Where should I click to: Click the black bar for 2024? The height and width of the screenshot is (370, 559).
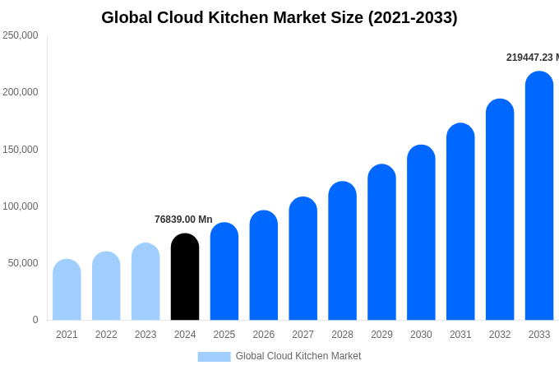[x=185, y=277]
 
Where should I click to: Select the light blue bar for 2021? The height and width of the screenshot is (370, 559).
[x=67, y=289]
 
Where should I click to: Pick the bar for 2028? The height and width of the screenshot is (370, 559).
[x=342, y=251]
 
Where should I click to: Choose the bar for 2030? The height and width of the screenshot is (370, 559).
[x=421, y=233]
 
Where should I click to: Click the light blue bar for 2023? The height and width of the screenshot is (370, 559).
[x=146, y=281]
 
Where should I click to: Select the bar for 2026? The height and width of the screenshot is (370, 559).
[x=264, y=265]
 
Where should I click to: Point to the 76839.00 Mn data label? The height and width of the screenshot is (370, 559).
[x=183, y=220]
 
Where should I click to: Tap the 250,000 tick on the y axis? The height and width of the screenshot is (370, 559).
[x=21, y=35]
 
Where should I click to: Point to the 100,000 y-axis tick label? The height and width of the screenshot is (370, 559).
[x=21, y=206]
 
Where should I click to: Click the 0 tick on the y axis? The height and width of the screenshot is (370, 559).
[x=35, y=320]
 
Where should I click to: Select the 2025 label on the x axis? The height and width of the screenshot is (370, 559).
[x=224, y=335]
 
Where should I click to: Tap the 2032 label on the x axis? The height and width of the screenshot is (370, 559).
[x=500, y=335]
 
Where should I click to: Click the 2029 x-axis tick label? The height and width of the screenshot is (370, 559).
[x=381, y=335]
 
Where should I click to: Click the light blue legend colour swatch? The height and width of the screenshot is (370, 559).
[x=214, y=357]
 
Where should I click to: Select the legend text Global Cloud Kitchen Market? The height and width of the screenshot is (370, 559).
[x=298, y=356]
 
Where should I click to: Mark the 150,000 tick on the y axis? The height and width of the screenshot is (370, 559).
[x=21, y=150]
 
